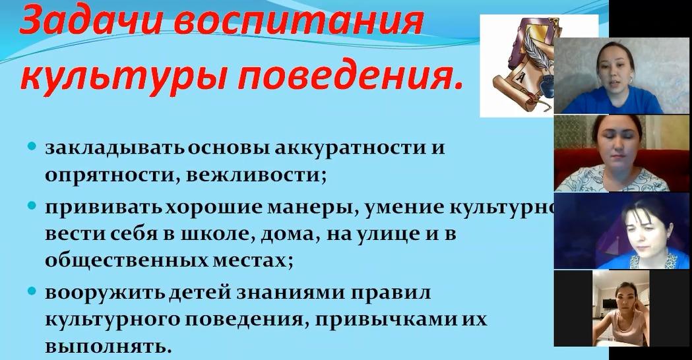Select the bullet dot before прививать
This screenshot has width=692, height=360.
click(x=31, y=206)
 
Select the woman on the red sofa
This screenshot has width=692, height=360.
click(x=614, y=154)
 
